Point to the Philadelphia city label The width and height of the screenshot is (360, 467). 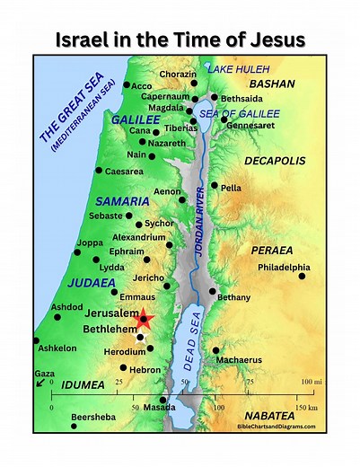point(284,267)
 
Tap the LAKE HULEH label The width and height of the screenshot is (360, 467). point(239,67)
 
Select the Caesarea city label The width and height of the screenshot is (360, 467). point(124,171)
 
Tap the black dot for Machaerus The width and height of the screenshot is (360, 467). point(215,350)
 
